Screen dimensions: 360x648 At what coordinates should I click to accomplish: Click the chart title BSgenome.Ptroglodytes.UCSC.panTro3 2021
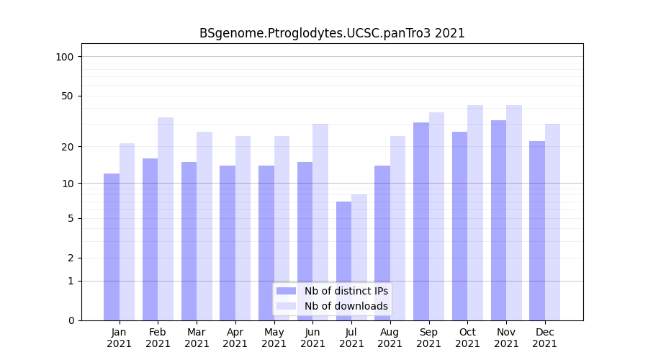(332, 33)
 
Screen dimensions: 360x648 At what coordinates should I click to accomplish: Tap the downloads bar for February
(166, 219)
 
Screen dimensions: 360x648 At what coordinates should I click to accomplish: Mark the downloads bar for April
(243, 228)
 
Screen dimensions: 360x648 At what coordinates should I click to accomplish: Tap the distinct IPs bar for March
(189, 241)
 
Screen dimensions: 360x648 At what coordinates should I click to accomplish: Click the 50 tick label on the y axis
(68, 96)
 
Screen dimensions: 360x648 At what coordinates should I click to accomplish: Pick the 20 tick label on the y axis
(68, 147)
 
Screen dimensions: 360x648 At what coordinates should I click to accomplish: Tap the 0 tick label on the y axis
(71, 320)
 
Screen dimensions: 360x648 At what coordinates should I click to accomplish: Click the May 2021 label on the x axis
(274, 338)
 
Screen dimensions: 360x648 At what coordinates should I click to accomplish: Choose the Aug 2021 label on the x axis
(390, 338)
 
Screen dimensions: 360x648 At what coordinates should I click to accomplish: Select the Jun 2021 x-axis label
(312, 338)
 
